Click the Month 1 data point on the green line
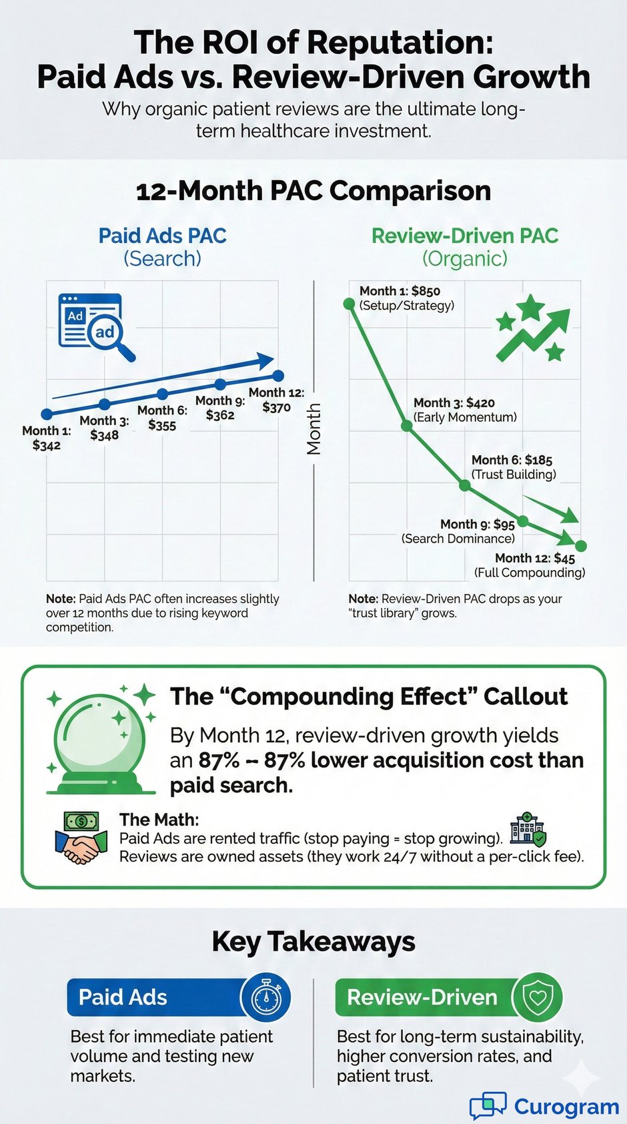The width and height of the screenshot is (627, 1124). click(x=349, y=304)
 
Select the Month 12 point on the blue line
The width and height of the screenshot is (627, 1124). click(x=279, y=376)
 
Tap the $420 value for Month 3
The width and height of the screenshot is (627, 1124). click(x=480, y=402)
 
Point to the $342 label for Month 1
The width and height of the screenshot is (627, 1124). click(x=47, y=445)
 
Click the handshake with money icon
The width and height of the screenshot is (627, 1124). click(x=81, y=838)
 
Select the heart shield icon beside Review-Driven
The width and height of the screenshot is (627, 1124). click(x=537, y=997)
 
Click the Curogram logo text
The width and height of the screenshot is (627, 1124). click(x=566, y=1107)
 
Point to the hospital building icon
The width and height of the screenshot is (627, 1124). click(x=528, y=830)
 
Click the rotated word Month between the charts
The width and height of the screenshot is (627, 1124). click(x=313, y=429)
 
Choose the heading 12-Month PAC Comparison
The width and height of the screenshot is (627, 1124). click(x=313, y=191)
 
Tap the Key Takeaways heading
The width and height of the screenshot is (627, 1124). click(x=313, y=942)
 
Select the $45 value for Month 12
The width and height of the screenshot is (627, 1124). click(x=564, y=558)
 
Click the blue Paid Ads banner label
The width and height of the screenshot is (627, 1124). click(x=123, y=997)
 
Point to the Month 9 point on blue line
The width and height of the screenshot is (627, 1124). click(x=220, y=384)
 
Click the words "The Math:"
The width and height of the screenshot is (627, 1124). click(x=159, y=820)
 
